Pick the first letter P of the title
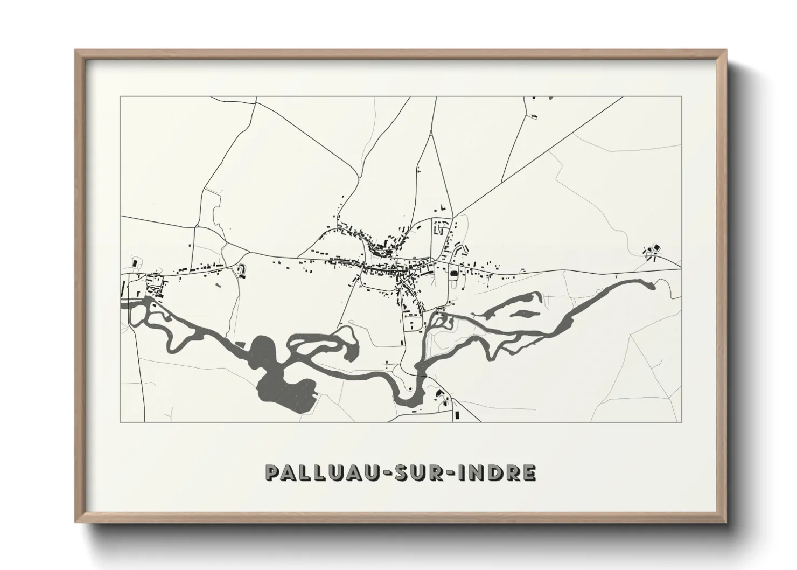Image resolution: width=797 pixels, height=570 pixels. point(272,473)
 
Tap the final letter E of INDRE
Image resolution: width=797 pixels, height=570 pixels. point(529,473)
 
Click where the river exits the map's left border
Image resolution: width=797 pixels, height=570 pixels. point(123,303)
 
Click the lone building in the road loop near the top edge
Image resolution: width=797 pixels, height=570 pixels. point(535,115)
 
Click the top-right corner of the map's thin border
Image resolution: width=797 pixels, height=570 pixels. point(682,97)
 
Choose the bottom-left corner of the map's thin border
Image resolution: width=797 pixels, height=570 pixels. point(121,422)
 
